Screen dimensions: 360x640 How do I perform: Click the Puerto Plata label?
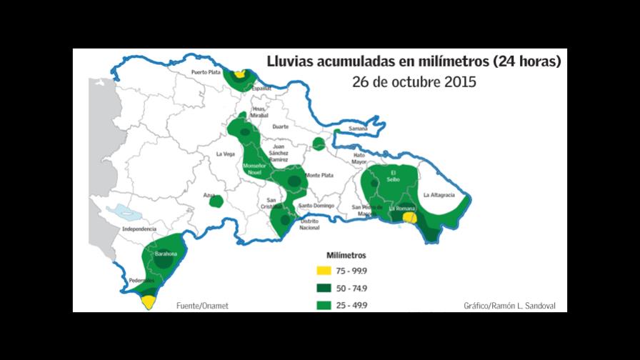(206, 73)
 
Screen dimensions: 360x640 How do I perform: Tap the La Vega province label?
(226, 154)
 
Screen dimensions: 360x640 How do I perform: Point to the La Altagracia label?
(439, 194)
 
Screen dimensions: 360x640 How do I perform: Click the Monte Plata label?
(319, 175)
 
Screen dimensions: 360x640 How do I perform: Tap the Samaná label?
(358, 129)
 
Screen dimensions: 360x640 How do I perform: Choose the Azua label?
(209, 194)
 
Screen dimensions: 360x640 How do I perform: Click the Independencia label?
(139, 229)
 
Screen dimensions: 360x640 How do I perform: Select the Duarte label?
(281, 126)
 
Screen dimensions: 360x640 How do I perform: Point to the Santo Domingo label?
(315, 206)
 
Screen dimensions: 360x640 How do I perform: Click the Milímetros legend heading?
(346, 255)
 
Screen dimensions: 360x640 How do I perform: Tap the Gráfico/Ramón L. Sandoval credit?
(509, 306)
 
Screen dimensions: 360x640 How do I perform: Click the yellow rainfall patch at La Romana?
(409, 217)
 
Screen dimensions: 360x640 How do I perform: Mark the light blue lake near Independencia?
(124, 212)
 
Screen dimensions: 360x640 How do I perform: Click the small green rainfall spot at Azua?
(216, 201)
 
